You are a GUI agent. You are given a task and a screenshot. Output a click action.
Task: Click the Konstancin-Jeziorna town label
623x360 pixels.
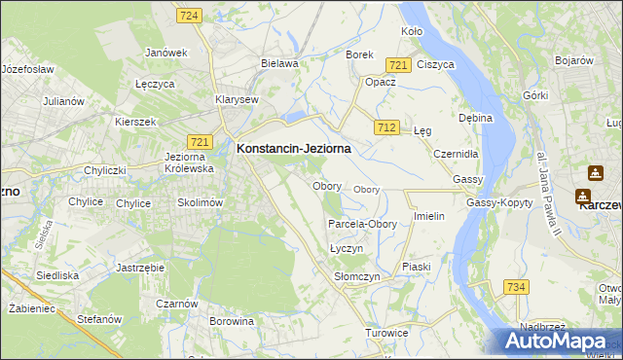(293, 149)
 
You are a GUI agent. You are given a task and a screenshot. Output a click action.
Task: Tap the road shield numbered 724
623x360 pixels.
(190, 16)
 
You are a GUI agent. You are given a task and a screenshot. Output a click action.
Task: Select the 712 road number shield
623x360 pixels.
(386, 127)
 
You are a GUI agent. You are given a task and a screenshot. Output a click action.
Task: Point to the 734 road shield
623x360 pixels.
(516, 286)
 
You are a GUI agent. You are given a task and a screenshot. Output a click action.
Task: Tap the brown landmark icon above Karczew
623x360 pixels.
(594, 174)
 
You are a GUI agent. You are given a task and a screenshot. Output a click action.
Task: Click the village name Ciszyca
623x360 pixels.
(435, 64)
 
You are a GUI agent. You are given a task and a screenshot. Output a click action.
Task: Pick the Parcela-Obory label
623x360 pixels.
(362, 224)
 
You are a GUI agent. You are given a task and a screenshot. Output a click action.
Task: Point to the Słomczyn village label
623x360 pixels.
(356, 277)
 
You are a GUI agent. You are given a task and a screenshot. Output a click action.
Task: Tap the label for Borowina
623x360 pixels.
(232, 320)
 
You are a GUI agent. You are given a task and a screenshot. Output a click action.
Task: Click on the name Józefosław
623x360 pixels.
(27, 70)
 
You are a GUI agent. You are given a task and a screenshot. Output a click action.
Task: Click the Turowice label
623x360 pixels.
(386, 333)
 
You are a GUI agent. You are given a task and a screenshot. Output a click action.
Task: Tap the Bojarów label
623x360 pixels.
(574, 60)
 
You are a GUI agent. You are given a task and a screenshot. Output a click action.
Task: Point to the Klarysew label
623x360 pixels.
(237, 99)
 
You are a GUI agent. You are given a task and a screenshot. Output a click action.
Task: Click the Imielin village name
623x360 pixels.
(429, 216)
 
